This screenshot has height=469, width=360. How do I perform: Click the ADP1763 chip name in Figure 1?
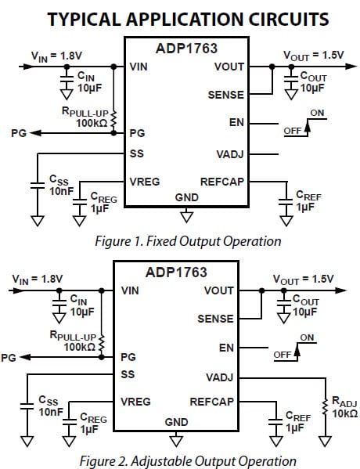[x=187, y=49]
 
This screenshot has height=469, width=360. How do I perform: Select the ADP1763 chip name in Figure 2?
[x=176, y=272]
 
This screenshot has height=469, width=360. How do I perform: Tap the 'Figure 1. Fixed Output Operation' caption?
[x=188, y=241]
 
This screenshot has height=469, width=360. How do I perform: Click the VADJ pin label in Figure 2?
[x=219, y=377]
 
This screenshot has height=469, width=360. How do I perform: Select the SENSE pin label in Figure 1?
[x=227, y=95]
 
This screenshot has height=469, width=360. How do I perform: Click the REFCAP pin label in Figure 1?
[x=222, y=182]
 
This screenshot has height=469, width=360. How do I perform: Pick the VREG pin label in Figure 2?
[x=135, y=402]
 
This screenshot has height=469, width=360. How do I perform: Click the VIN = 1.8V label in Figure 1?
[x=56, y=55]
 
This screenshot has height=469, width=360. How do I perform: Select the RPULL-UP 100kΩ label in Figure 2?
[x=76, y=341]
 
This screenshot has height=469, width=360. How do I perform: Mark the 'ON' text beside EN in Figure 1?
[x=317, y=114]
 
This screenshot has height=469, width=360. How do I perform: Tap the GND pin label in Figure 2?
[x=176, y=422]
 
